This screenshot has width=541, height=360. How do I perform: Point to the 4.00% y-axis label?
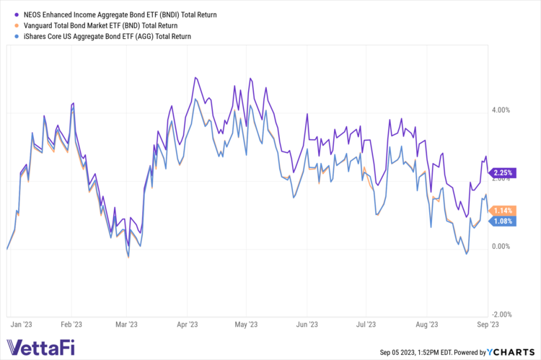[501, 110]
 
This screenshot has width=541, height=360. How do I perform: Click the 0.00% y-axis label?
[501, 247]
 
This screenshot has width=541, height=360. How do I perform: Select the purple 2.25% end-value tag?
[502, 172]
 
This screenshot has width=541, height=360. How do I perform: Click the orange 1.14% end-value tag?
[502, 210]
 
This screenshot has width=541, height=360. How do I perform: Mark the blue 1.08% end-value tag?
[502, 221]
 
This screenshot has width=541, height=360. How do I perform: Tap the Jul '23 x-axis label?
[367, 325]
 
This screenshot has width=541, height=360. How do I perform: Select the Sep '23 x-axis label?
[486, 325]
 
